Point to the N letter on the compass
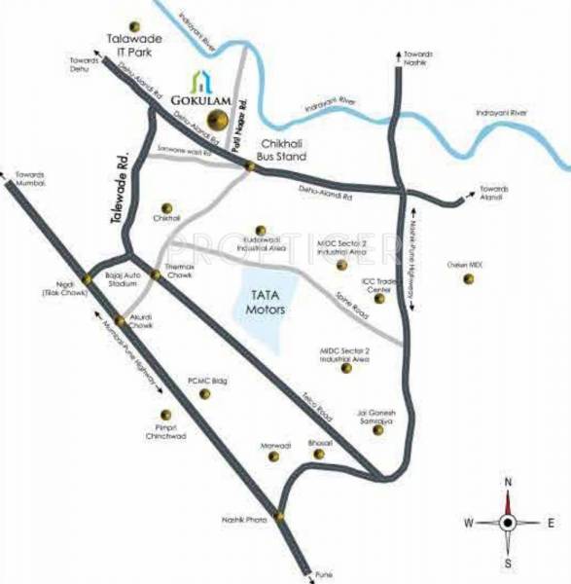tap(507, 482)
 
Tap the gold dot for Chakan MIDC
tap(469, 279)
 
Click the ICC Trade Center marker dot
tap(379, 298)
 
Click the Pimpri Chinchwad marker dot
tap(176, 412)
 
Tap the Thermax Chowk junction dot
tap(157, 275)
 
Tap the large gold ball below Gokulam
tap(223, 121)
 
